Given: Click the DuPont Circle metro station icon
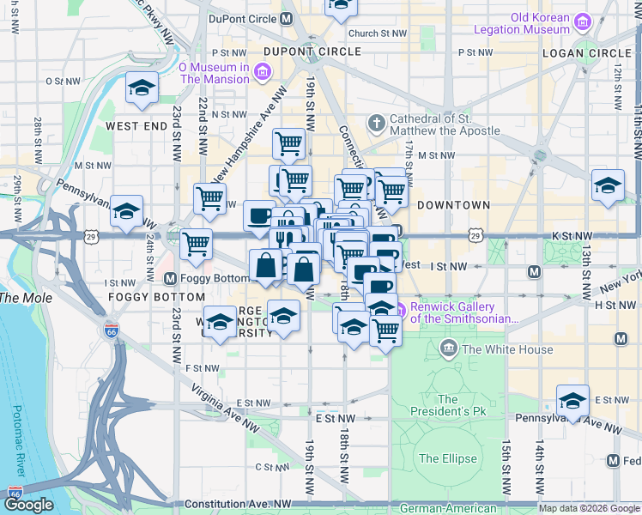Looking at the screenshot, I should tap(286, 17).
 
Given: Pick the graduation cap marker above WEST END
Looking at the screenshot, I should tap(142, 88).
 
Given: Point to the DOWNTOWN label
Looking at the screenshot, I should tap(453, 205).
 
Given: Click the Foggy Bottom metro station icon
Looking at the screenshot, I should tap(170, 278).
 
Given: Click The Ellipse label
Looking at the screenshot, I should tap(447, 458).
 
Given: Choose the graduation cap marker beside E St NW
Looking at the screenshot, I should tap(572, 399).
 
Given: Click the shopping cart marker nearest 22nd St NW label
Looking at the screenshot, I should tap(209, 198).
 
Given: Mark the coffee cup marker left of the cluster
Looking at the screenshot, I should tap(259, 216).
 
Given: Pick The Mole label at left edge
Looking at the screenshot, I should tap(25, 298).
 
